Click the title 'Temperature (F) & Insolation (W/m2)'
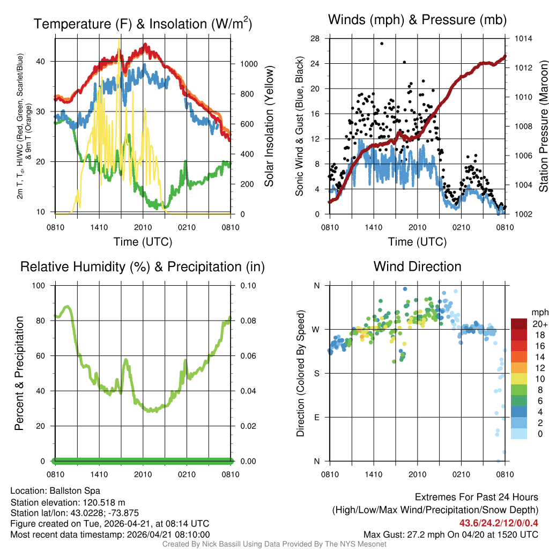coord(143,24)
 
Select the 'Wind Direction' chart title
coord(417,266)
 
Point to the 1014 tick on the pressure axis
coord(523,39)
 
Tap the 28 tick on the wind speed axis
coord(315,39)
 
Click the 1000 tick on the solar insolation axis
coord(249,64)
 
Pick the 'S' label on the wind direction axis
coord(316,373)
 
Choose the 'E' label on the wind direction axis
coord(316,417)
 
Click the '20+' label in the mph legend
coord(538,324)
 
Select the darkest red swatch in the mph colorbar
coord(519,324)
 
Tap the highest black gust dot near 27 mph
coord(382,43)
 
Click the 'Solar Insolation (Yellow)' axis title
coord(269,127)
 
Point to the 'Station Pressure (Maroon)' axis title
coord(543,127)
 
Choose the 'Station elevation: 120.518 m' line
coord(68,502)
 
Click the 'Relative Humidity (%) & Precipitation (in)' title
coord(143,266)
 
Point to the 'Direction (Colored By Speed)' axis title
coord(300,373)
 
